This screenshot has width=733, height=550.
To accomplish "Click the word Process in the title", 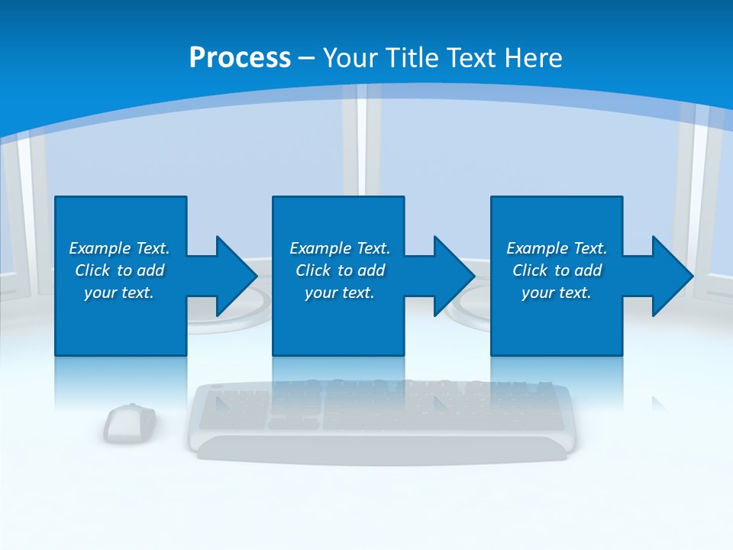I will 240,58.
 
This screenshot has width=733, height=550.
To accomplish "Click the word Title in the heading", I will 411,58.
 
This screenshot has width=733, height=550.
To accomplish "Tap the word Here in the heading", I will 534,58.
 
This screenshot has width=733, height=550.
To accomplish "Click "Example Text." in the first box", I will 119,248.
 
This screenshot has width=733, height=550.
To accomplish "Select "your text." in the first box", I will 119,293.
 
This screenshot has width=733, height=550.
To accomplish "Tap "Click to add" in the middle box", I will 340,270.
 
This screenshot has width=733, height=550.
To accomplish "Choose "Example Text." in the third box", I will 557,248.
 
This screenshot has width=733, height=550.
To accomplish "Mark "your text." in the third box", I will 557,293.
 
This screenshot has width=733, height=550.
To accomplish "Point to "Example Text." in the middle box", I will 340,248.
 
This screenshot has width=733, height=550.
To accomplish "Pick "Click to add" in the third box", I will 557,270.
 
